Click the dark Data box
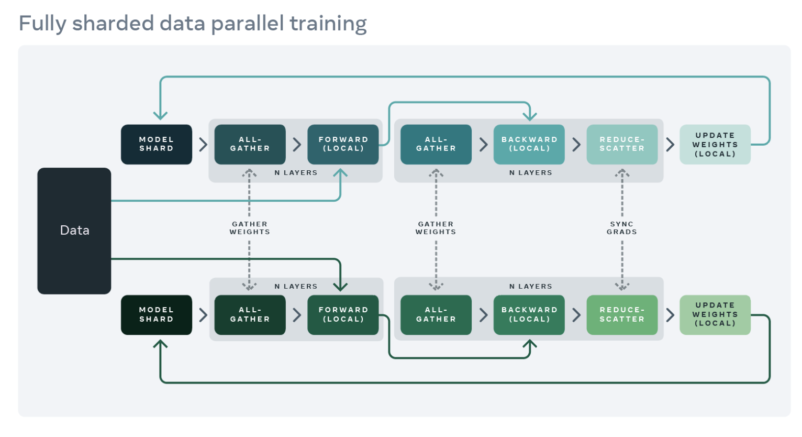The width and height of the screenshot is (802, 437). coord(74,231)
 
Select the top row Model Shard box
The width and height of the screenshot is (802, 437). coord(157,144)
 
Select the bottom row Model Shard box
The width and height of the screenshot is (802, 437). coord(157,314)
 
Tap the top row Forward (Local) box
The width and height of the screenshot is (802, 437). coord(343,144)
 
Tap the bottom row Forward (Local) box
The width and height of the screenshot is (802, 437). coord(343,314)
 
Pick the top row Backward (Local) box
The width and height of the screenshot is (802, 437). coord(529,144)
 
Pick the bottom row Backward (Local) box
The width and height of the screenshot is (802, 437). coord(529,314)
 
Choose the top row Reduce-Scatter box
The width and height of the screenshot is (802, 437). coord(622,144)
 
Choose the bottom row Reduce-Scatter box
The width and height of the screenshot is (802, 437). coord(622,314)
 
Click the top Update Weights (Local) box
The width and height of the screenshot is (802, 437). coord(715,145)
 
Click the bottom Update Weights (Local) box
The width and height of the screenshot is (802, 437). coord(715,314)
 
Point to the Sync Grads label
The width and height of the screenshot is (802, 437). coord(622,228)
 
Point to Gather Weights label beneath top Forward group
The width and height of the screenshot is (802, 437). coord(250,228)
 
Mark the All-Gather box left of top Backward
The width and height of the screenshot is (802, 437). coord(436,144)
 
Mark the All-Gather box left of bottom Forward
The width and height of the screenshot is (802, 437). coord(250,314)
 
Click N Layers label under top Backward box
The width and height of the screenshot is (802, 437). coord(530,173)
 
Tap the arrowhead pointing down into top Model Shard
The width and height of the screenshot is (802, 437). coord(160,115)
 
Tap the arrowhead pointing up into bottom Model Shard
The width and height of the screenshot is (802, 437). coord(160,344)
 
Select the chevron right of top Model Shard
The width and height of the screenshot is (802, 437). coord(203,144)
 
